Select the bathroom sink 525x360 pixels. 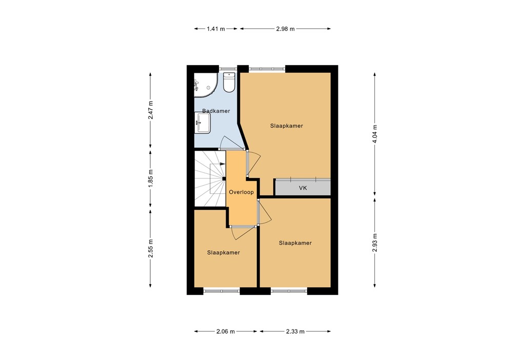pos(202,123)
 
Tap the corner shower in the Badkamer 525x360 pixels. pos(204,85)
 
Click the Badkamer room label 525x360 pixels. pos(216,111)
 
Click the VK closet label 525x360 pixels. pos(303,188)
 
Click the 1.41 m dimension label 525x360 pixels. pos(216,29)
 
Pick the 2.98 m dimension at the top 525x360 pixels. pos(286,29)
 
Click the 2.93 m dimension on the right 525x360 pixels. pos(375,243)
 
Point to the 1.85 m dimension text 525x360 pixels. pos(150,179)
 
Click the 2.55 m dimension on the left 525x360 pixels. pos(150,249)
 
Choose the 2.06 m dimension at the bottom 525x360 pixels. pos(226,332)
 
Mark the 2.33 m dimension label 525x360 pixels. pos(296,332)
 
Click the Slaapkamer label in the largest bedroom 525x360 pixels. pos(287,126)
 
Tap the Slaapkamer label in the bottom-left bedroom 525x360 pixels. pos(224,252)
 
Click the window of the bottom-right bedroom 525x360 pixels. pos(289,291)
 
